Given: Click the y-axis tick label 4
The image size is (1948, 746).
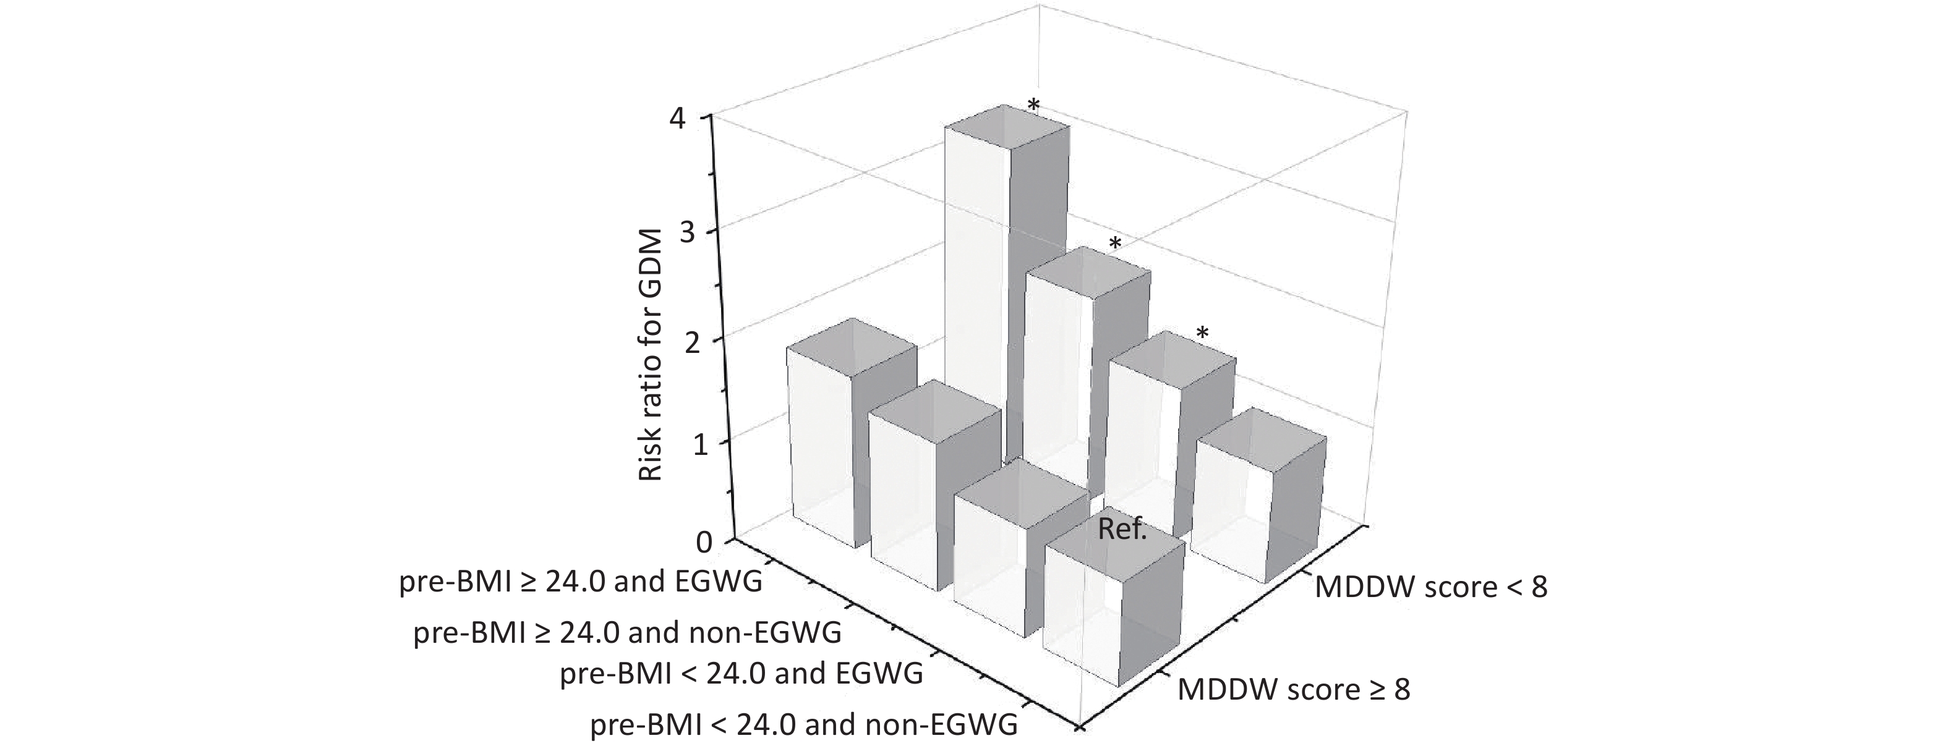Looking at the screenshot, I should [x=689, y=119].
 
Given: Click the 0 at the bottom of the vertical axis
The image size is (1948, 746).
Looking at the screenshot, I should [x=703, y=542].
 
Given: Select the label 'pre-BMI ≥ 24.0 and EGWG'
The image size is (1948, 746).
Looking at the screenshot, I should [x=581, y=583].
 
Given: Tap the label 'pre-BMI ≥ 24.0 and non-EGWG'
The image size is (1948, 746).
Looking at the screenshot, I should [x=627, y=632].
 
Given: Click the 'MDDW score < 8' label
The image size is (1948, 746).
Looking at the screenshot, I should [x=1431, y=587].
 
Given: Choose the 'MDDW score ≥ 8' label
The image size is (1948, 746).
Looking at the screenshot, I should [x=1294, y=689].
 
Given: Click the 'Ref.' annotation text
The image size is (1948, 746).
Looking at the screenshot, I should [x=1122, y=530].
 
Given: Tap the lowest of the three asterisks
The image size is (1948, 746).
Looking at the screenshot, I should [x=1202, y=333].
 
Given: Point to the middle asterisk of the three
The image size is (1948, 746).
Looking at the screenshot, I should [x=1114, y=244].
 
